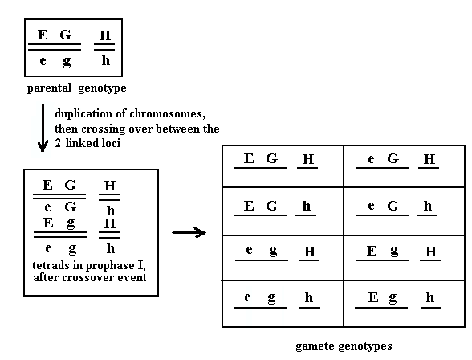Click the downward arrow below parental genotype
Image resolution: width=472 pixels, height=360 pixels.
tap(43, 128)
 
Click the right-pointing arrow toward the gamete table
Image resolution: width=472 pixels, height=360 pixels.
tap(189, 232)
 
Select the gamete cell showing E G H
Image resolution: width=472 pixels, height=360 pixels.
tap(283, 166)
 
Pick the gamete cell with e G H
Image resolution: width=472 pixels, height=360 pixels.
tap(405, 166)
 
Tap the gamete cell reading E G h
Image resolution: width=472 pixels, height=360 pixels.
tap(283, 211)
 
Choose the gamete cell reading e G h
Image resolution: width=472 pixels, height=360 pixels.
tap(405, 211)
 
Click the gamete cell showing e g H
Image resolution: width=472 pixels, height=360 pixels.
tap(283, 258)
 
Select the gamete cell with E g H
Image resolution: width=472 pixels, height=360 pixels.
tap(405, 258)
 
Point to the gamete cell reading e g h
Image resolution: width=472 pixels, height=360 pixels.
tap(283, 304)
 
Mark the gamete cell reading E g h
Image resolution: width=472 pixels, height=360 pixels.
tap(405, 304)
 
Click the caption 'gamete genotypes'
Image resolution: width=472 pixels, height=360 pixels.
tap(344, 346)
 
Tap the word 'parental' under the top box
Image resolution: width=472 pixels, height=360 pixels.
tap(49, 88)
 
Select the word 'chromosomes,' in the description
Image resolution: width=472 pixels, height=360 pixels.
tap(167, 113)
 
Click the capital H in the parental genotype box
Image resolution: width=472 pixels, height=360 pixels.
tap(105, 35)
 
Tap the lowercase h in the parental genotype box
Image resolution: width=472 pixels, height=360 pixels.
tap(105, 60)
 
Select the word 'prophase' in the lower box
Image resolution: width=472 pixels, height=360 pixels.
tap(110, 266)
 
